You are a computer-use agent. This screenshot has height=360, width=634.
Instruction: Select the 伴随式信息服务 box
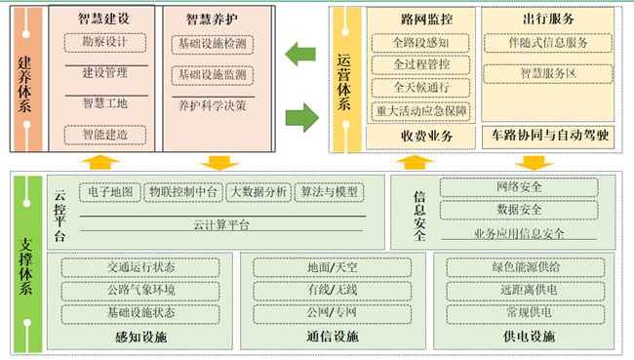click(547, 44)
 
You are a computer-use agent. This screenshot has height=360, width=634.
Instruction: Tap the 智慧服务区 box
click(547, 73)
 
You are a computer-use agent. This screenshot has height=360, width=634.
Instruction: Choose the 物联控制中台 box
click(183, 192)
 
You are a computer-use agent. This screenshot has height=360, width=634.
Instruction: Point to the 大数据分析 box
click(258, 192)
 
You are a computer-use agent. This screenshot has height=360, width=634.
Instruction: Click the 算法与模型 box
click(330, 192)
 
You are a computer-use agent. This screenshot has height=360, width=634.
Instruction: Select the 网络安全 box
click(519, 187)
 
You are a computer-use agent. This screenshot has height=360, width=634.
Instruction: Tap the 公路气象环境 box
click(141, 290)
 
